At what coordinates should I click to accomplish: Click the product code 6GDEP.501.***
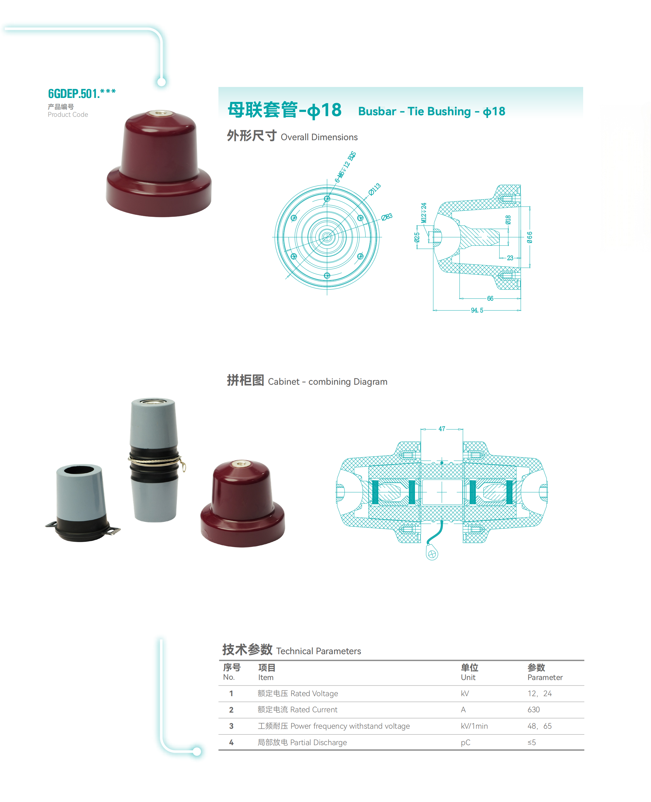pyautogui.click(x=82, y=93)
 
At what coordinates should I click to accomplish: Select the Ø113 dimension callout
pyautogui.click(x=374, y=189)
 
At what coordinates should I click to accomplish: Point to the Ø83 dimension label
pyautogui.click(x=387, y=217)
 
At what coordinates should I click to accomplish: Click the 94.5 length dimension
pyautogui.click(x=477, y=310)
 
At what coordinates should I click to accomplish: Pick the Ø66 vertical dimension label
pyautogui.click(x=530, y=237)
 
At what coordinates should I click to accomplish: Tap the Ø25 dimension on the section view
pyautogui.click(x=417, y=237)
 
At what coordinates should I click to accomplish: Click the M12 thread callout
pyautogui.click(x=424, y=213)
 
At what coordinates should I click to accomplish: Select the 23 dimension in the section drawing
pyautogui.click(x=510, y=258)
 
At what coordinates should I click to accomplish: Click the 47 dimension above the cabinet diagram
pyautogui.click(x=442, y=429)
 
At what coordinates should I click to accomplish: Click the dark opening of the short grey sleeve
pyautogui.click(x=79, y=470)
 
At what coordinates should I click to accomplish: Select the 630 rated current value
pyautogui.click(x=533, y=709)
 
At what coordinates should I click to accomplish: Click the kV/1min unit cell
pyautogui.click(x=474, y=726)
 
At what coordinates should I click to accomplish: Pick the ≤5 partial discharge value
pyautogui.click(x=531, y=742)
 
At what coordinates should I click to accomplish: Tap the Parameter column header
pyautogui.click(x=545, y=677)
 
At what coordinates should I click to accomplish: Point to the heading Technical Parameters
pyautogui.click(x=319, y=651)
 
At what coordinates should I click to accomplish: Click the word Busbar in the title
pyautogui.click(x=377, y=111)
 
